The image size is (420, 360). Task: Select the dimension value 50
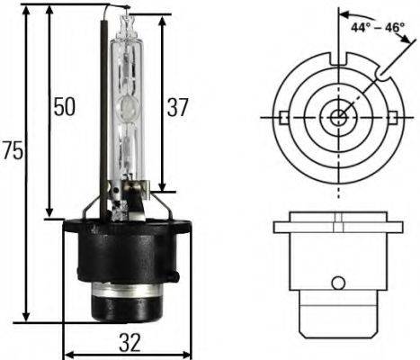tap(63, 107)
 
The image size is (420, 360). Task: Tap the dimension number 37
tap(177, 107)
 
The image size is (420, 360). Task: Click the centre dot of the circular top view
tap(337, 118)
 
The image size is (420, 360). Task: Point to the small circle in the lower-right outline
tap(337, 283)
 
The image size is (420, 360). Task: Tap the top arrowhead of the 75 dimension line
tap(27, 18)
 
